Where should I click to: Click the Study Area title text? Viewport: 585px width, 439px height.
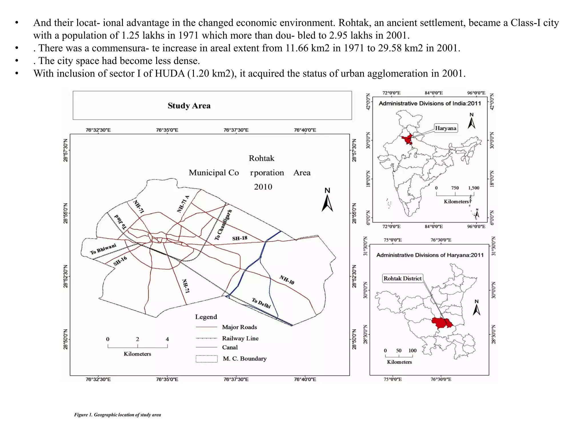coord(189,106)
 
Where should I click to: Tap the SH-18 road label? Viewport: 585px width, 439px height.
coord(239,238)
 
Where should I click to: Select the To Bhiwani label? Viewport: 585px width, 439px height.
coord(103,249)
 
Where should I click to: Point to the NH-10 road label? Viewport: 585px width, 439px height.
coord(287,280)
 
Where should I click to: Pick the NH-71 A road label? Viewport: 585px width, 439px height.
coord(183,204)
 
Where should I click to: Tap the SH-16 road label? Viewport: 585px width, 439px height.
coord(120,261)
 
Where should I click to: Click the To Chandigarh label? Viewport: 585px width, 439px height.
coord(223,225)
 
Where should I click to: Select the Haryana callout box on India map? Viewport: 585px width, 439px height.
coord(445,128)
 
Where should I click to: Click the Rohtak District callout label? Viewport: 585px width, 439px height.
coord(402,278)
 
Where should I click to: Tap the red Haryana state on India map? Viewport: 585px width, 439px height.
coord(407,140)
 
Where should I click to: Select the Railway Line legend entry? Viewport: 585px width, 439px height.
coord(240,338)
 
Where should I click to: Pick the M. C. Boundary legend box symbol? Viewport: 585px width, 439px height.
coord(207,359)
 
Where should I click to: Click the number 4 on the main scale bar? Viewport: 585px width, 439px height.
coord(167,339)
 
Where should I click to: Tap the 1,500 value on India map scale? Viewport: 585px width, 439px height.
coord(474,188)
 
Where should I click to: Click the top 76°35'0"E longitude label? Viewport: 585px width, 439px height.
coord(167,130)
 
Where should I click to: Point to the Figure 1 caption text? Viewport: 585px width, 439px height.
coord(117,415)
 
